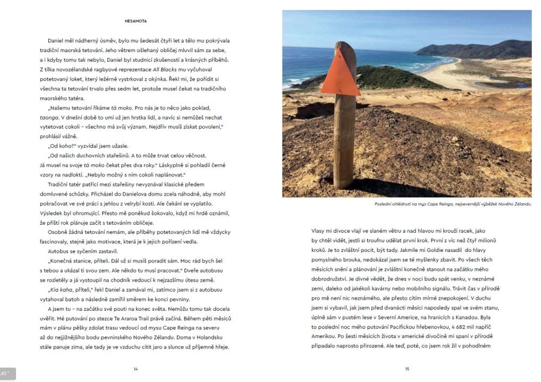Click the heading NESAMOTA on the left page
pos(136,21)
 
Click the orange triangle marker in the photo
pos(341,74)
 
